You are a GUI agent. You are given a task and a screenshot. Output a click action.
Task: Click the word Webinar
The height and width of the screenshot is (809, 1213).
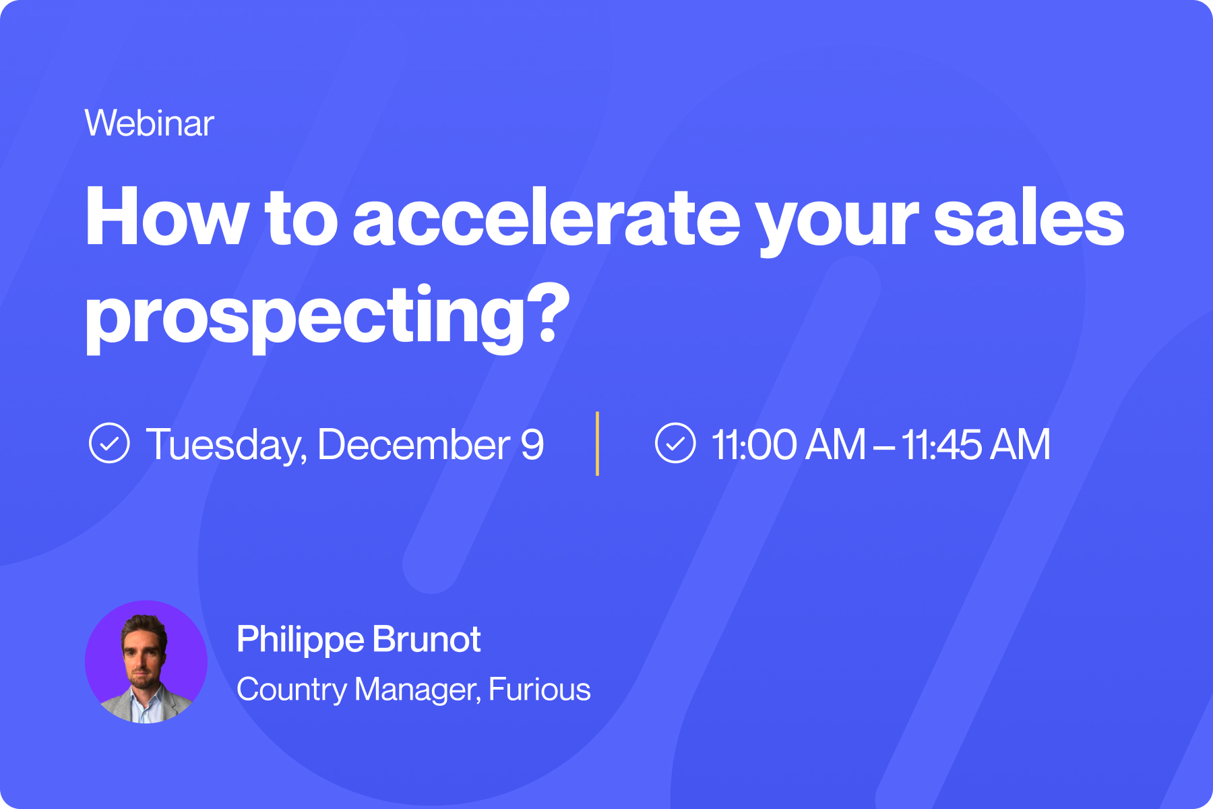149,123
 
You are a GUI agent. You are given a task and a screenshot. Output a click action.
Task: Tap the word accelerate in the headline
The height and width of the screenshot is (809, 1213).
547,218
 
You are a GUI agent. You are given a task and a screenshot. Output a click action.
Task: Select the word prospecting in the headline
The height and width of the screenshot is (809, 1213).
305,316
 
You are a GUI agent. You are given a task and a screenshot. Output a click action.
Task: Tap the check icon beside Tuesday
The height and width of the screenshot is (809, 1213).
109,443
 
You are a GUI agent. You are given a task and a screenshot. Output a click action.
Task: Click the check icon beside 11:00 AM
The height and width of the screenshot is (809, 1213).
675,443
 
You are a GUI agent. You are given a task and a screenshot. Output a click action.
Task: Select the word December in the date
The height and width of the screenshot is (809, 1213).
414,444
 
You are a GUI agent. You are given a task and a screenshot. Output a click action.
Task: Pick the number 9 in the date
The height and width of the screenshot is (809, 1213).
532,444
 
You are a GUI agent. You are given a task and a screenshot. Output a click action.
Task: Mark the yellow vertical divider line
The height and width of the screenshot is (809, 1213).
598,444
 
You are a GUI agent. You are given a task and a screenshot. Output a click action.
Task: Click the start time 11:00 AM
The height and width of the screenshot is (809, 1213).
788,444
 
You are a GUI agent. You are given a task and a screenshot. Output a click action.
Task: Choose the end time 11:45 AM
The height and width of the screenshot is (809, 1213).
976,444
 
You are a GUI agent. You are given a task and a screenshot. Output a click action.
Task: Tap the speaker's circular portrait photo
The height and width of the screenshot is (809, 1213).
146,662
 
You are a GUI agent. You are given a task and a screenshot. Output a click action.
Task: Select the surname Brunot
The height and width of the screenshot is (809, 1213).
427,639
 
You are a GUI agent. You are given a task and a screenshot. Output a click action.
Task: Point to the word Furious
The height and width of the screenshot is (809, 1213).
539,689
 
